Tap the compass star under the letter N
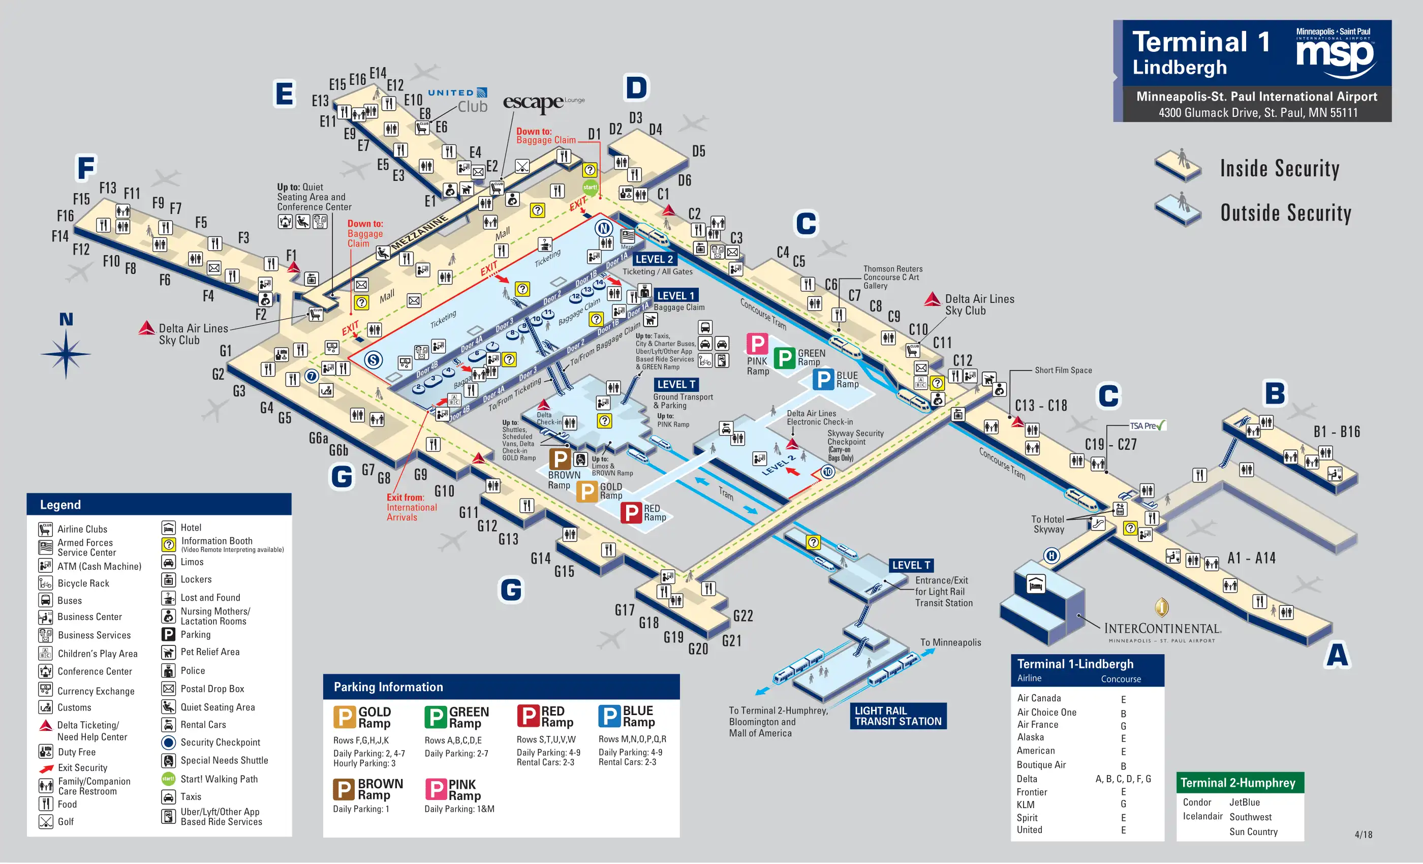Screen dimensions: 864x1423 point(66,353)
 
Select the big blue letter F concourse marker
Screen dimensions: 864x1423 point(86,168)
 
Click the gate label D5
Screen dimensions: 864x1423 point(699,151)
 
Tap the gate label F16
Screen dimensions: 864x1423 point(65,216)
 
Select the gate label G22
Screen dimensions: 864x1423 point(743,616)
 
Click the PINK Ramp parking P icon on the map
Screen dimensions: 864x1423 point(757,344)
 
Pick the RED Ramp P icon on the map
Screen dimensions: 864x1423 point(631,513)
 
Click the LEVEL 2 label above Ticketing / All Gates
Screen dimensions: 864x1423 point(655,259)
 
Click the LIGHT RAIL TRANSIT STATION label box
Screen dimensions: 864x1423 point(898,716)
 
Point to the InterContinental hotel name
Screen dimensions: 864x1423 point(1162,628)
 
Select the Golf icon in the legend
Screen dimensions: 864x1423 point(46,822)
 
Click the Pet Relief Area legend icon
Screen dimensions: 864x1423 point(168,653)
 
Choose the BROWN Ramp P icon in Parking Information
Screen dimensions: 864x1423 point(344,789)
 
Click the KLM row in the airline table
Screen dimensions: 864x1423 point(1026,805)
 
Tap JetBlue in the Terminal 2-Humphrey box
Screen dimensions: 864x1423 point(1245,802)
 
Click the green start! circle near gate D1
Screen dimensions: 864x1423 point(590,187)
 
